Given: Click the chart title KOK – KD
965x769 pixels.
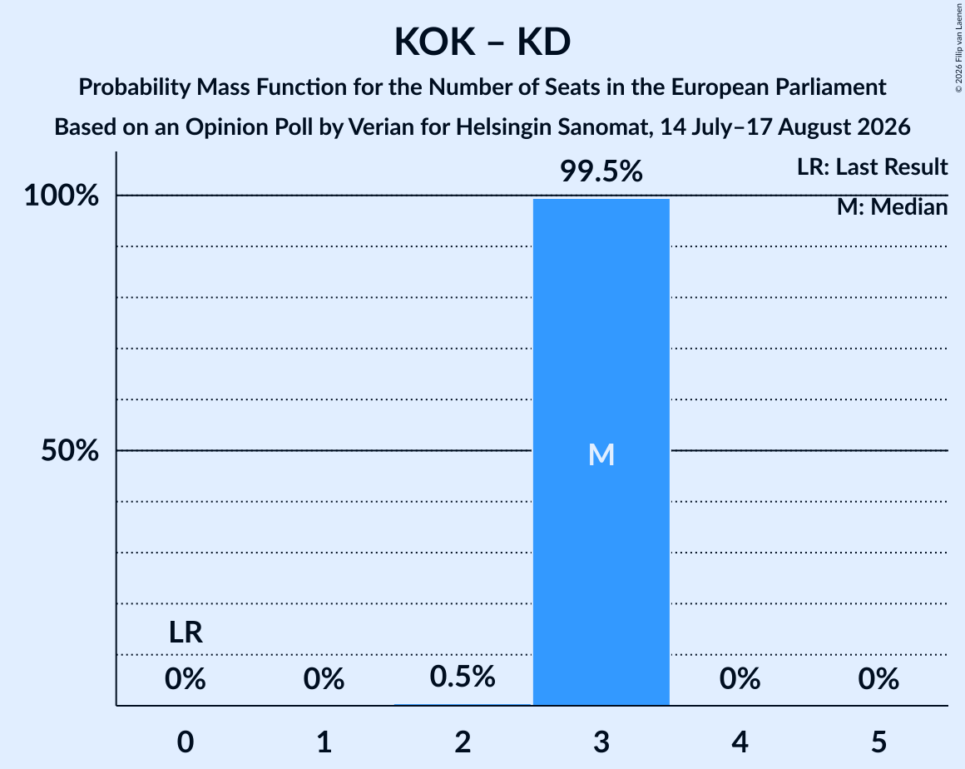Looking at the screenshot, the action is (482, 42).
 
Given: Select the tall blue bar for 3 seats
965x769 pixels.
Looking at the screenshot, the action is (601, 452).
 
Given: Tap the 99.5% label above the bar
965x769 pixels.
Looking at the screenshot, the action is (601, 171).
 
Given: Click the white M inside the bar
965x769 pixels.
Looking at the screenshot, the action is (601, 455).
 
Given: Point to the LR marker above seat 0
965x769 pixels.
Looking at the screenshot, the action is (186, 633).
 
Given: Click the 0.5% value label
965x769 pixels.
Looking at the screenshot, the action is (463, 677).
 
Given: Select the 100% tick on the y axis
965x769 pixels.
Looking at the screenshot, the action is (62, 196).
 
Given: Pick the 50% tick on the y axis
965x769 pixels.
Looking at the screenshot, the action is (70, 451).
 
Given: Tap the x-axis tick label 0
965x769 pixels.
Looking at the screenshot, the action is (186, 742).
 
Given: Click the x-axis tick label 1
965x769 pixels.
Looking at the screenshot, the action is (324, 742).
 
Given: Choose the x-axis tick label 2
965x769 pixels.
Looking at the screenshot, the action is (463, 742).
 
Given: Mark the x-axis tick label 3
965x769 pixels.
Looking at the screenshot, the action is (601, 742).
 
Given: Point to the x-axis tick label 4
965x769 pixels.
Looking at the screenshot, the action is (740, 742).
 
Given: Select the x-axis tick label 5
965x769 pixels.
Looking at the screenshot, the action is (878, 742).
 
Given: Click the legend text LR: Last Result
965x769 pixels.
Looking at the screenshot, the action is (872, 166).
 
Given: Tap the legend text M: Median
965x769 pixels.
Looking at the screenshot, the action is (893, 207).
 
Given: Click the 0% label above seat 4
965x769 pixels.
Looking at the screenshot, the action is (740, 679).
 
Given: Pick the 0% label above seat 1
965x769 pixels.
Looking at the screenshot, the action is (324, 679).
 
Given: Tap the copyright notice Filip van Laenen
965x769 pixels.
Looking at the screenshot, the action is (959, 37).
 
